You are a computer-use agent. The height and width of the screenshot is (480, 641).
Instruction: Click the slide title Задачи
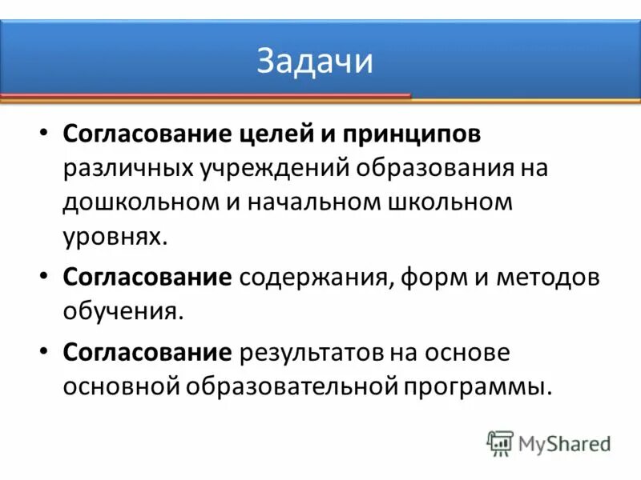315,62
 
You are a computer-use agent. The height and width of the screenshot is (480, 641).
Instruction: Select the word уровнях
115,236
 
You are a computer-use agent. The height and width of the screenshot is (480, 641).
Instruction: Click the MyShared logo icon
500,443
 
